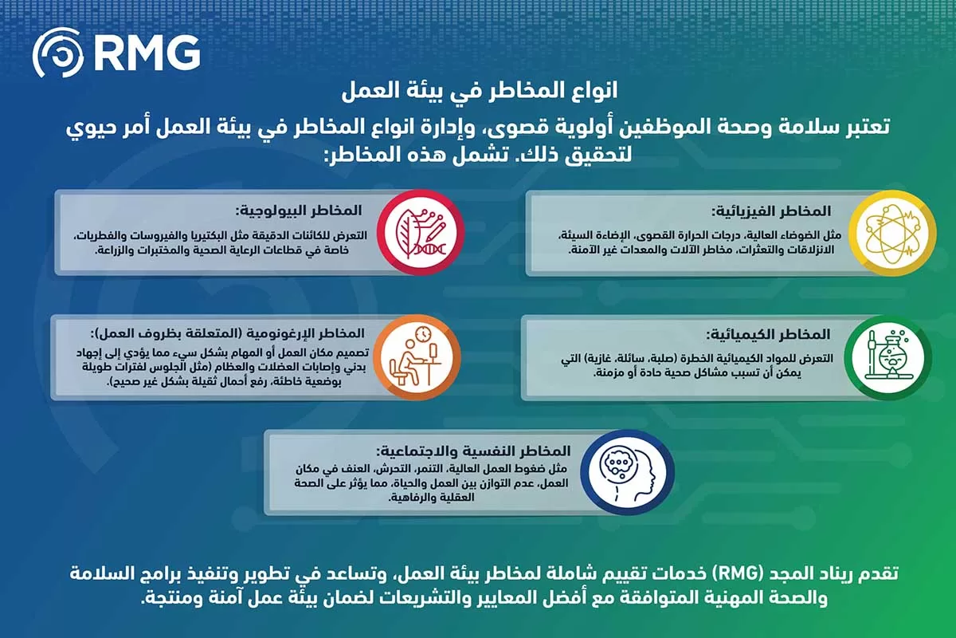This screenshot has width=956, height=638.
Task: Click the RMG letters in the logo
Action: pos(146,53)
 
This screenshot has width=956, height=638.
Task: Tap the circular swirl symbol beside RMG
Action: pos(57,53)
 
